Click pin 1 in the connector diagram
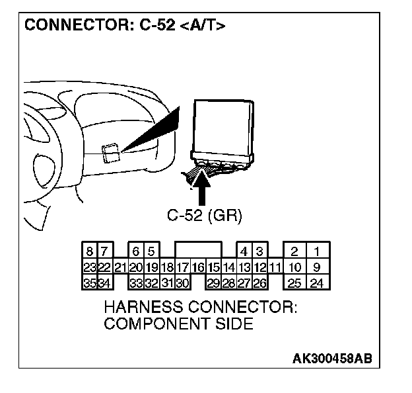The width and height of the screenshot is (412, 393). pos(318,251)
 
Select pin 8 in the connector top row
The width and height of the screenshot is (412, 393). pos(89,251)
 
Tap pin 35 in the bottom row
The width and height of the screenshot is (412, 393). pos(89,284)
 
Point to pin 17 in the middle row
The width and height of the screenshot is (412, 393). pos(183,268)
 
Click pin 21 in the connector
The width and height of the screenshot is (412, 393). pos(120,268)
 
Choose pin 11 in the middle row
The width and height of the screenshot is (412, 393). pos(275,268)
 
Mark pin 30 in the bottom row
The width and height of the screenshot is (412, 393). pos(183,284)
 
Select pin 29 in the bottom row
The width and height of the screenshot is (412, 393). pos(213,284)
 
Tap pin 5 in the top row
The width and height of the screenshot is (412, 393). pos(151,251)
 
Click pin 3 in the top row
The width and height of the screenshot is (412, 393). pos(259,251)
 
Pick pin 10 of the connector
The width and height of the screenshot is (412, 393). pos(295,268)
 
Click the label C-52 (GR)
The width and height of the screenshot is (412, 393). pos(205,216)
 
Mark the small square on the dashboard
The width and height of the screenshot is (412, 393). pos(112,153)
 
